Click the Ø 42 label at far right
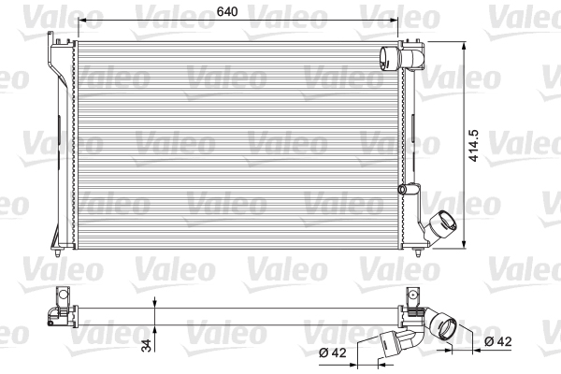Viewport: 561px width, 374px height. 498,343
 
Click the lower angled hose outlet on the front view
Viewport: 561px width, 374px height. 441,228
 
